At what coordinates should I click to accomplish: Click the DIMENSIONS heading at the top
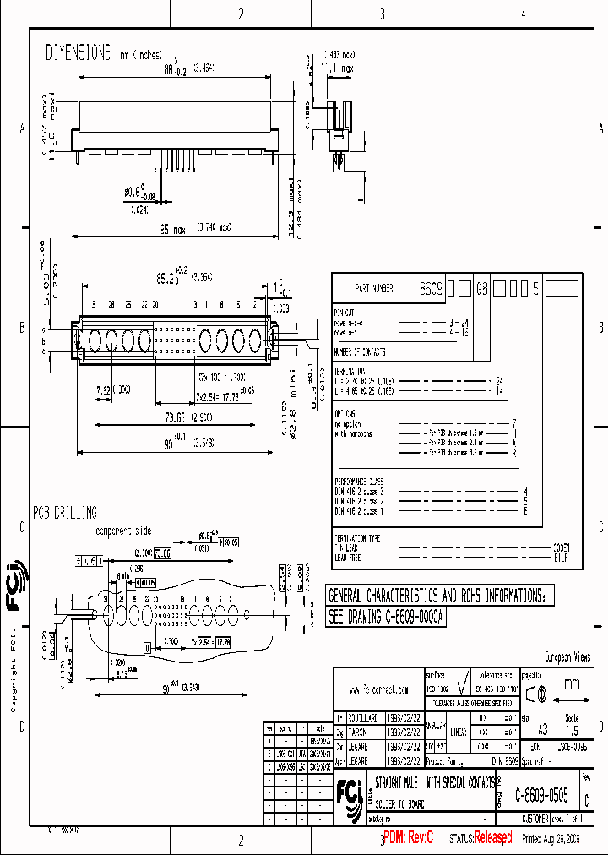pyautogui.click(x=78, y=53)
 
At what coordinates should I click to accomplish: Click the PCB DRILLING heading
pyautogui.click(x=65, y=512)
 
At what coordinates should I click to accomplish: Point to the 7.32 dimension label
pyautogui.click(x=103, y=390)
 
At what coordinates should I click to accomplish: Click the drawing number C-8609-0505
pyautogui.click(x=541, y=796)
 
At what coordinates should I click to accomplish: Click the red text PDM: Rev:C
pyautogui.click(x=407, y=837)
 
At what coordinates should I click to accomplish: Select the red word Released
pyautogui.click(x=492, y=837)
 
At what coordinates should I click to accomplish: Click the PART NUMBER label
pyautogui.click(x=374, y=288)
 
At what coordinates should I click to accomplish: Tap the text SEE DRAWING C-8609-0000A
pyautogui.click(x=386, y=617)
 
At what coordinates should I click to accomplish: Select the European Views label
pyautogui.click(x=566, y=656)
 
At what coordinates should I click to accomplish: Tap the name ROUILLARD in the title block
pyautogui.click(x=366, y=715)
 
